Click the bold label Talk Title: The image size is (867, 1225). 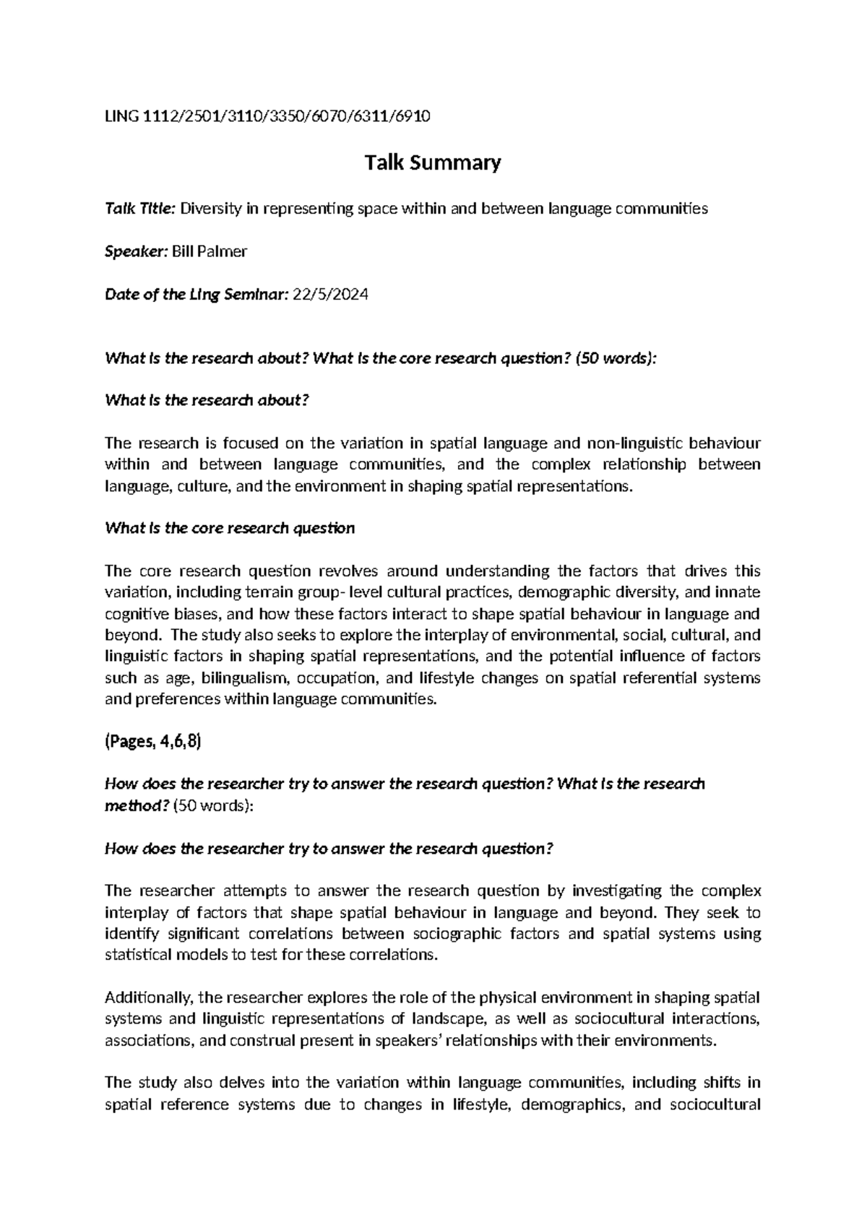click(x=140, y=209)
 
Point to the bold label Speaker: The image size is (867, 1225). click(x=136, y=251)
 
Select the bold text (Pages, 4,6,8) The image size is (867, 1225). click(x=152, y=741)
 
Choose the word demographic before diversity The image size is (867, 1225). click(x=550, y=593)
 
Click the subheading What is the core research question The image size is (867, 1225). click(x=230, y=528)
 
